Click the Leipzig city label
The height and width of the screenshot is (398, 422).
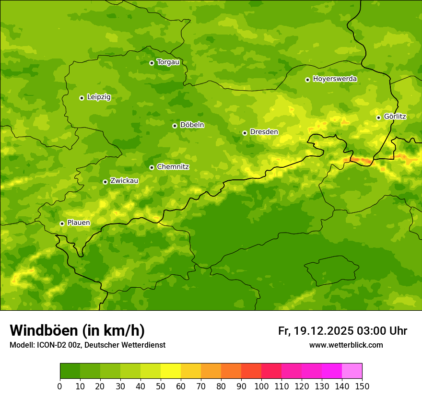point(99,97)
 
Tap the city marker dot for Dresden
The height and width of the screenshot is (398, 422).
point(245,133)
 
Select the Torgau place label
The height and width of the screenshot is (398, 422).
point(168,62)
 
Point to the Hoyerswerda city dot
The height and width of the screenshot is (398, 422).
point(307,80)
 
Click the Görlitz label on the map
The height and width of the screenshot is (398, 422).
point(395,117)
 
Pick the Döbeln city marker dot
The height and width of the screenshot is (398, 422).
point(175,126)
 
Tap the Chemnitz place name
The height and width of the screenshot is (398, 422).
point(173,167)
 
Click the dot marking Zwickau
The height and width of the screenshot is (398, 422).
point(105,182)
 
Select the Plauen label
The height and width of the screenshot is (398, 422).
point(79,223)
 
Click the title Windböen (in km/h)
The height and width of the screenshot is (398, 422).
point(77,330)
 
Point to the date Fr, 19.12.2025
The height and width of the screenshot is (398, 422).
point(316,331)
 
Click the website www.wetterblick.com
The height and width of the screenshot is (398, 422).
point(346,345)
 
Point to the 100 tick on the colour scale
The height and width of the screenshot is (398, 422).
point(261,386)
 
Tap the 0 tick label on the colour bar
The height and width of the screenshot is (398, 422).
point(60,386)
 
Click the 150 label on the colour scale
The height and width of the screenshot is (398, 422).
point(362,386)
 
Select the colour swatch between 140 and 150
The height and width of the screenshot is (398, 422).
point(352,371)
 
